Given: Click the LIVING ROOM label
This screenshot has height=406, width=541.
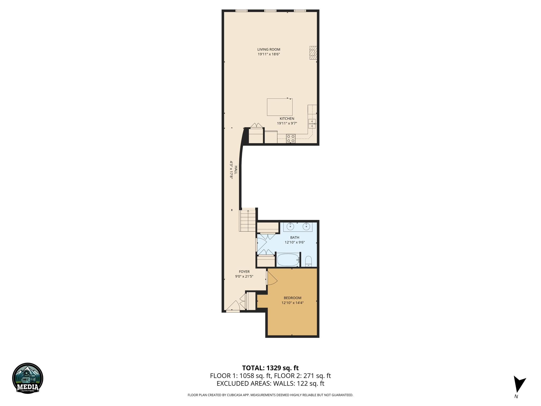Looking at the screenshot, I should coord(269,49).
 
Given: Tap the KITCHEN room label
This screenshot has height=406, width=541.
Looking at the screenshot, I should coord(287,119).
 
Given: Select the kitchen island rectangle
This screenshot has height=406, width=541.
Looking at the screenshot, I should coord(279,107).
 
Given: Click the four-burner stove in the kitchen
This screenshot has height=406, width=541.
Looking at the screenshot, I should coord(291,139).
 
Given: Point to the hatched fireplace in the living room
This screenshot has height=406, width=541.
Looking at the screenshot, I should coord(313,53).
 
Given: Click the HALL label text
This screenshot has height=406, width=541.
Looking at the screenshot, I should coord(236,170).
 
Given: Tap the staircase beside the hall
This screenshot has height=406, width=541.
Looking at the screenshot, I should coord(248,221).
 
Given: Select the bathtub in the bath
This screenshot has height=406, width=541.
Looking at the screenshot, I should coord(288,260).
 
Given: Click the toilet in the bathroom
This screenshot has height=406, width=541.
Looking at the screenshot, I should coord(308,261).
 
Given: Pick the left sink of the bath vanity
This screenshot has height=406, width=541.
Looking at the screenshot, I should coord(290,227).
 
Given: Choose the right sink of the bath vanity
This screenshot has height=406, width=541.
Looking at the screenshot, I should coord(306,227).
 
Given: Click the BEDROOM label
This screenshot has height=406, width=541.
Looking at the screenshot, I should coord(292,298).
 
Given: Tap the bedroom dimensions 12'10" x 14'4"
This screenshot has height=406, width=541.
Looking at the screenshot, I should coord(292,303).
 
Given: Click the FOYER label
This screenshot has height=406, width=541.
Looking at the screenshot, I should coord(244,272).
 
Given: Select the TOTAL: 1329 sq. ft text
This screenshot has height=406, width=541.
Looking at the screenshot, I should coord(270,368).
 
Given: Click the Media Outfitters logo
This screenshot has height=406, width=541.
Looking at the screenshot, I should coord(28,378).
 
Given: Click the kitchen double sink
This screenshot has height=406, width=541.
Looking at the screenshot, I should coord(312,124).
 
